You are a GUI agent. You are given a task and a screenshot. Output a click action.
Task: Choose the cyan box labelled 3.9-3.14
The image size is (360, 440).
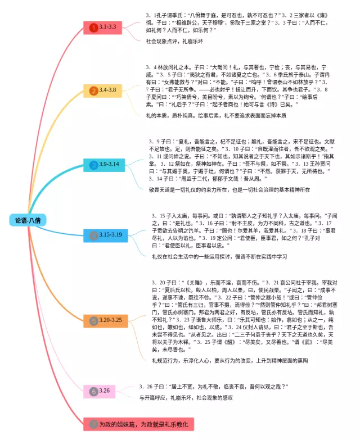coord(105,164)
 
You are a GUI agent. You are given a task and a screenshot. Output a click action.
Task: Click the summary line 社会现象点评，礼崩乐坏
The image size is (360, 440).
coord(174,41)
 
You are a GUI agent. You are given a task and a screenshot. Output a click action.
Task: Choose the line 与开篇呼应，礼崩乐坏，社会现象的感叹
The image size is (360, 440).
coord(186,397)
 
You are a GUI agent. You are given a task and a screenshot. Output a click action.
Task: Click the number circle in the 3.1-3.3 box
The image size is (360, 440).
coord(93,27)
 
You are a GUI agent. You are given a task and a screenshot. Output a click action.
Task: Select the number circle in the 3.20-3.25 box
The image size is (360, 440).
coord(93,320)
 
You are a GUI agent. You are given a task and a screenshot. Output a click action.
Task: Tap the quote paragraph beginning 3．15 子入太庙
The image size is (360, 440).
coord(242,230)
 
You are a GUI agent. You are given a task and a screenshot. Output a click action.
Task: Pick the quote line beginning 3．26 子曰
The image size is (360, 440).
coord(213,387)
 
